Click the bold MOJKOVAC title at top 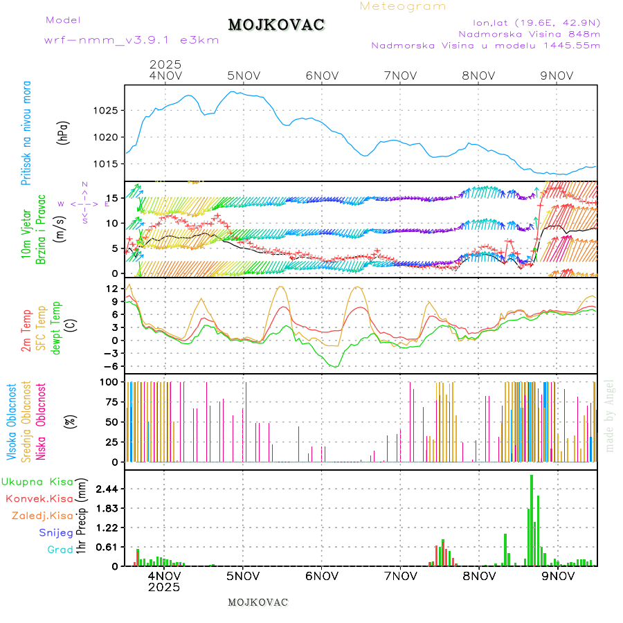276,25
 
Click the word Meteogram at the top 403,6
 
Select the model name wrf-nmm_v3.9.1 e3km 132,40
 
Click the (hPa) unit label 64,132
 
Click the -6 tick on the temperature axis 111,366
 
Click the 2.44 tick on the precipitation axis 106,489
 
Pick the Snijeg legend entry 56,532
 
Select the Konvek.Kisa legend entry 39,498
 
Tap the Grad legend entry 60,550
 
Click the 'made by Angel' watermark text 610,415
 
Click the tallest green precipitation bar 532,520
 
